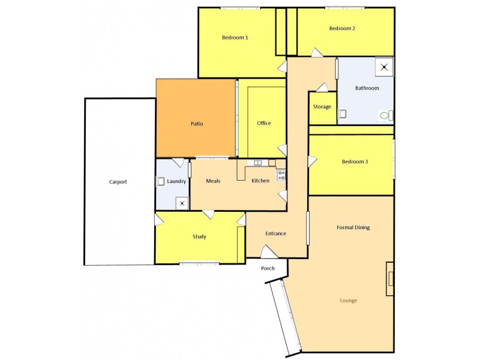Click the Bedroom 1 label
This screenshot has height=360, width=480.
(x=235, y=37)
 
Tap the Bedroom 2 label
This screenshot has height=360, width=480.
(x=343, y=28)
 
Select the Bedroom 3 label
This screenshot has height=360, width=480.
(x=355, y=161)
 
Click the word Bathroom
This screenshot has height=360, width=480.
(x=367, y=88)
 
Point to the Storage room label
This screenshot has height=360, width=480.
(x=322, y=107)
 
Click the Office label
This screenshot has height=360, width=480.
(x=264, y=123)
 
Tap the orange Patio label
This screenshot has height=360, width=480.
(x=196, y=124)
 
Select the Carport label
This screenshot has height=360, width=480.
(x=118, y=182)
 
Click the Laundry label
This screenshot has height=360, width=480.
(x=176, y=181)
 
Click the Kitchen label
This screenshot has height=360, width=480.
(x=260, y=181)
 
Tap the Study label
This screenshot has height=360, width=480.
(x=199, y=236)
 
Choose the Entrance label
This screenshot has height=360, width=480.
(x=275, y=233)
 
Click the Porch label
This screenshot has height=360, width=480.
(x=268, y=268)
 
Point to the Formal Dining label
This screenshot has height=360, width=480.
(x=353, y=227)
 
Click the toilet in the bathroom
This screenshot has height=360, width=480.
(x=385, y=115)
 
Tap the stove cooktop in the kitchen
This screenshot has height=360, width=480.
(x=281, y=175)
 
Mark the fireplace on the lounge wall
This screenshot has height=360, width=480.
(x=390, y=278)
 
